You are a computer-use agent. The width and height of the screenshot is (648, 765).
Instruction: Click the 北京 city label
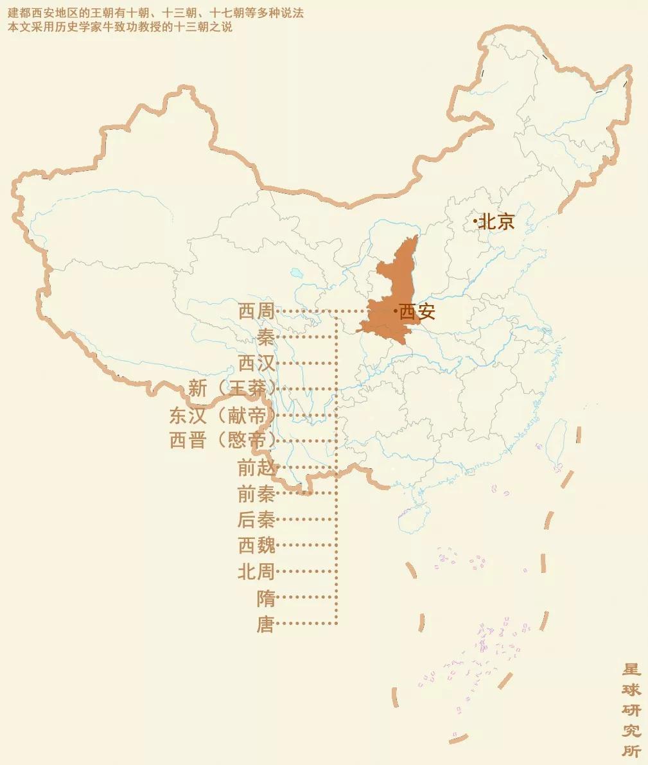(x=497, y=222)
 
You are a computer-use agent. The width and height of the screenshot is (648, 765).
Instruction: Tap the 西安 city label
(x=417, y=312)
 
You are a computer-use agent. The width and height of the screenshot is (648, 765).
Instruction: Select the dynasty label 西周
(x=256, y=312)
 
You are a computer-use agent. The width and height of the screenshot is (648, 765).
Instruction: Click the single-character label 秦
(x=266, y=338)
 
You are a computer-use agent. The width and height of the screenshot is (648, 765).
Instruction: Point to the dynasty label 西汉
(x=256, y=364)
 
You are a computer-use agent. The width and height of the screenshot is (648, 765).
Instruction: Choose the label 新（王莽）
(x=232, y=389)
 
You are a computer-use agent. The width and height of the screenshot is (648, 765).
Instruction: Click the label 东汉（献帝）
(x=222, y=416)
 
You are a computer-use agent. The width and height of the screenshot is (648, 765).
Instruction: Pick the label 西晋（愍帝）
(x=222, y=441)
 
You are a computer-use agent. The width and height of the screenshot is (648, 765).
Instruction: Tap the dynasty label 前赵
(x=256, y=468)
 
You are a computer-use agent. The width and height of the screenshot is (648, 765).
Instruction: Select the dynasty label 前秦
(x=256, y=494)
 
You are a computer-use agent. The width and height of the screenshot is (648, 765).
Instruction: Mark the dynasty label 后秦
(x=256, y=520)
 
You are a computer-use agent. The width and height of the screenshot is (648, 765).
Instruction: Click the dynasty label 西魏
(x=256, y=546)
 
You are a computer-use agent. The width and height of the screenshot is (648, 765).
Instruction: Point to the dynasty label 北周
(x=256, y=572)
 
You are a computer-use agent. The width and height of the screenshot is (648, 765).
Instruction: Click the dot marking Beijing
(x=475, y=222)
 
